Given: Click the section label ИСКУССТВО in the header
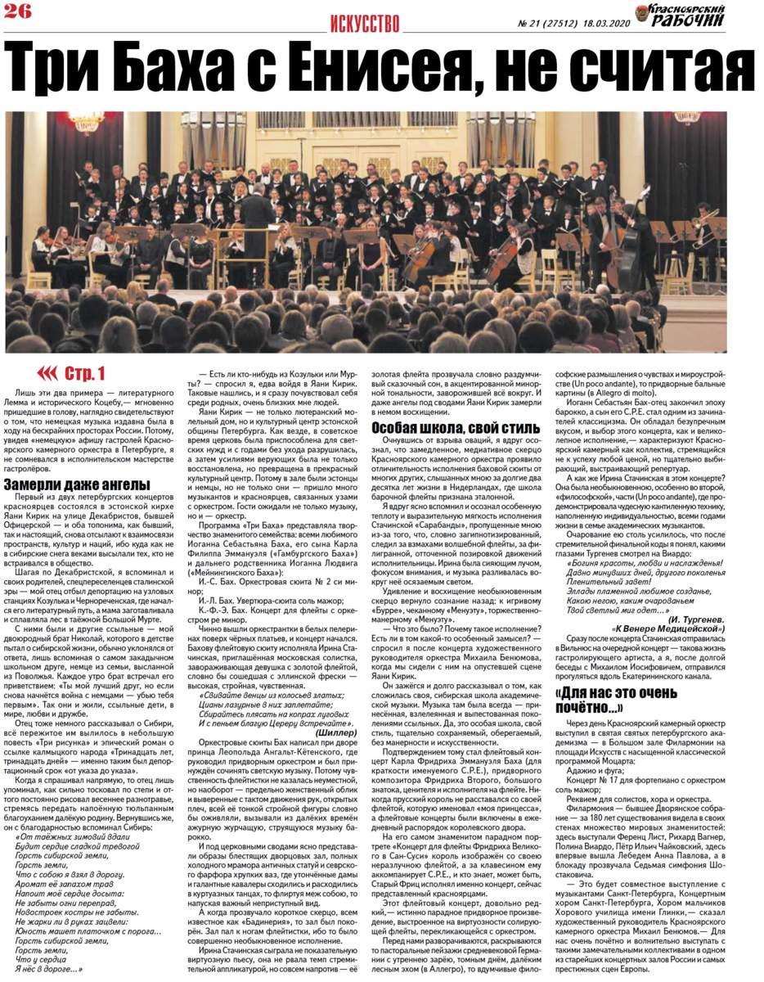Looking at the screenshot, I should pyautogui.click(x=365, y=23).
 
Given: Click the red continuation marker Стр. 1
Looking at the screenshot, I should pyautogui.click(x=74, y=373).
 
